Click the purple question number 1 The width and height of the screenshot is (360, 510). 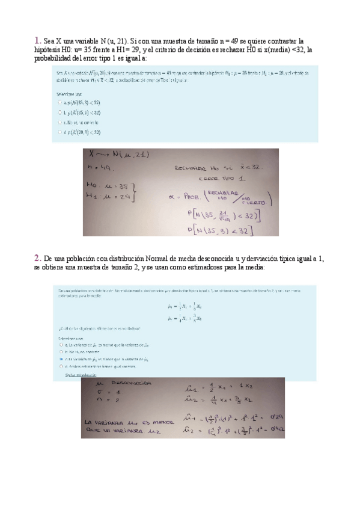pos(37,40)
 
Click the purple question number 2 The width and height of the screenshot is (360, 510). pos(37,258)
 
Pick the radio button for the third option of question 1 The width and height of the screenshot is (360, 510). pos(60,121)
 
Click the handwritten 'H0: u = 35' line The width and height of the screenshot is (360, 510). pos(109,186)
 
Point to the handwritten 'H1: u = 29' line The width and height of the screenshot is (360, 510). pos(109,197)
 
